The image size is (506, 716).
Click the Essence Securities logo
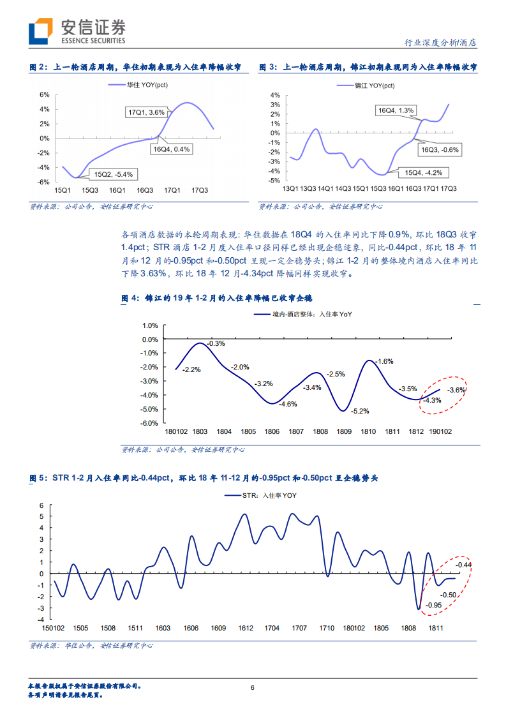coord(77,31)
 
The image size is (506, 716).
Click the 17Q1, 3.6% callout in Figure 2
coord(147,112)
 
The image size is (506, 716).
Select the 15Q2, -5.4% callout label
coord(114,174)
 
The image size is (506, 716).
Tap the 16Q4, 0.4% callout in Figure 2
coord(172,149)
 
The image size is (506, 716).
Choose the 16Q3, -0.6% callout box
coord(440,149)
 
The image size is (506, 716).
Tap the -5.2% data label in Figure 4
coord(361,411)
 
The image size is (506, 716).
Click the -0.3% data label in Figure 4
coord(217,343)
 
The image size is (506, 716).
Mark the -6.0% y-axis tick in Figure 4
coord(149,423)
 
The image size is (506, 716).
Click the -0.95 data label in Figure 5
coord(434,605)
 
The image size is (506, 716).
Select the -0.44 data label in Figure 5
coord(463,565)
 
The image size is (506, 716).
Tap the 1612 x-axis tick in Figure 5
coord(245,628)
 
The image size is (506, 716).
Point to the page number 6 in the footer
coord(253,687)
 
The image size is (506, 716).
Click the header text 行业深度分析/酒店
coord(441,43)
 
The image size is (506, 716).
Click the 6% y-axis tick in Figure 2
coord(44,94)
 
